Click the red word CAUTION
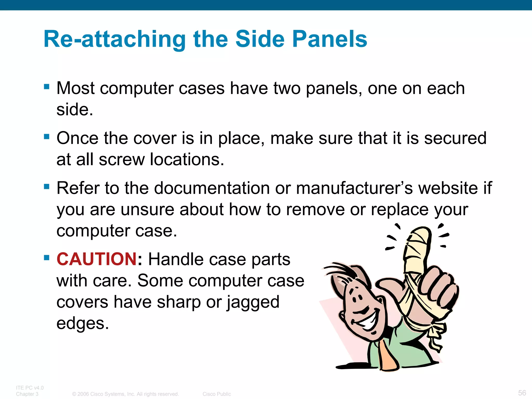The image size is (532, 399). click(x=97, y=259)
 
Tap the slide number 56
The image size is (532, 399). click(x=522, y=393)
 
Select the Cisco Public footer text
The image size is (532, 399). click(x=217, y=394)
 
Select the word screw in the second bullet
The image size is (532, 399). click(x=122, y=159)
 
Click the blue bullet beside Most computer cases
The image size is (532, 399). click(x=47, y=87)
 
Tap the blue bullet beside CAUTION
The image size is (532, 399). click(x=47, y=257)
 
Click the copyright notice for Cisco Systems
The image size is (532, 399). click(x=126, y=394)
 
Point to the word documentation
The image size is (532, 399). click(x=212, y=188)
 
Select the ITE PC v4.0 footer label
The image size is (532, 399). click(x=30, y=388)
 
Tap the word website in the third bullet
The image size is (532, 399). click(x=448, y=188)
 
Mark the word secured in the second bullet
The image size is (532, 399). click(x=455, y=138)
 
